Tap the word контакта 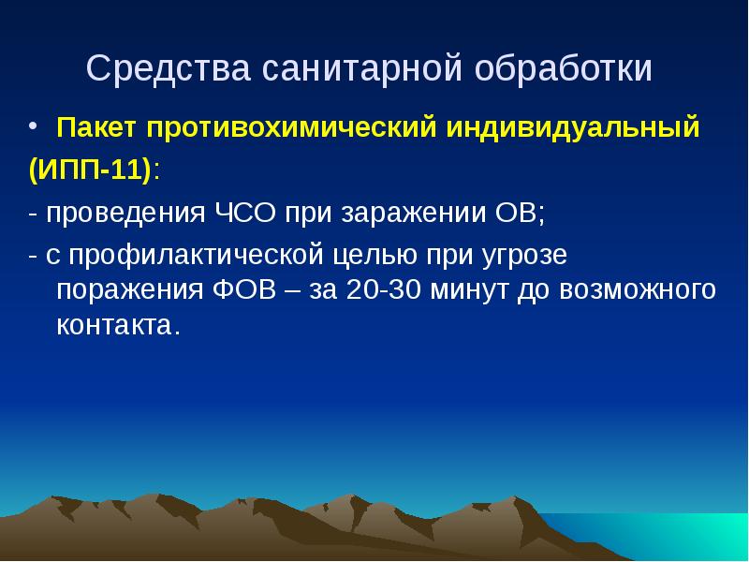116,325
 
